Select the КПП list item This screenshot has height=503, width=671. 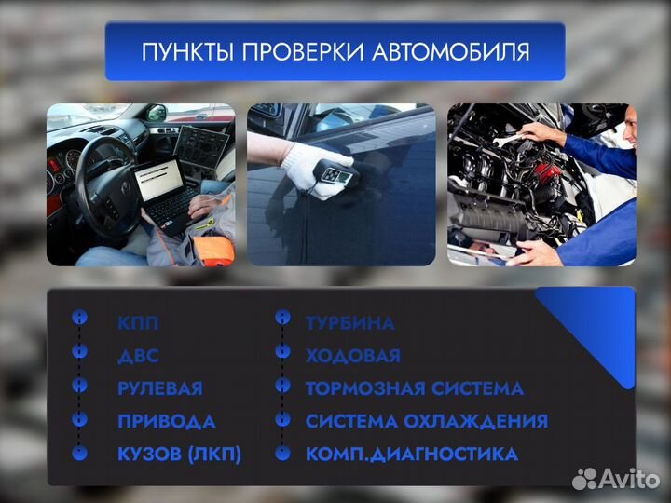138,324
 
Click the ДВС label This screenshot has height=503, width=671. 138,357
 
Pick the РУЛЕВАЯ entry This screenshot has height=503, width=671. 159,388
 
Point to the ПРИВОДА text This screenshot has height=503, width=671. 166,421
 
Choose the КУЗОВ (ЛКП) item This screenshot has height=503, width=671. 179,454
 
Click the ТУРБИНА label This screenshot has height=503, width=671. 349,324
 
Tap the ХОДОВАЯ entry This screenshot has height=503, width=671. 352,356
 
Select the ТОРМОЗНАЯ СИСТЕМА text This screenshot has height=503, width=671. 414,388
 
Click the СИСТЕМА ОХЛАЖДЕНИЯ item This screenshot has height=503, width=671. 426,421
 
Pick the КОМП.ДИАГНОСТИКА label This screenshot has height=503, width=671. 411,454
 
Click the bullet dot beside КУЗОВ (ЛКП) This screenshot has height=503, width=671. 80,454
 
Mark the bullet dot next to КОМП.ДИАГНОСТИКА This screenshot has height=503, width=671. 282,454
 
